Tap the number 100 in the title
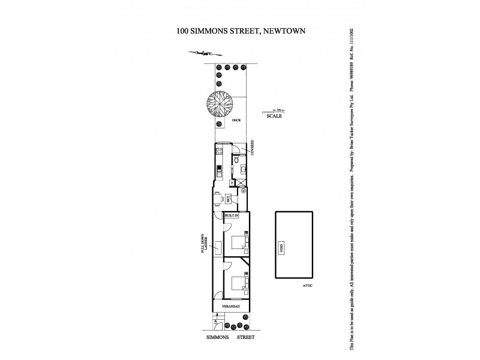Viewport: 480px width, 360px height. click(x=184, y=31)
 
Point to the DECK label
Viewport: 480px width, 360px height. click(x=236, y=121)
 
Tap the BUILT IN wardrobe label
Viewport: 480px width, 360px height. click(x=232, y=215)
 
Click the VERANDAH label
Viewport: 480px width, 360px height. click(x=232, y=307)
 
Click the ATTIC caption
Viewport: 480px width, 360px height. click(x=308, y=286)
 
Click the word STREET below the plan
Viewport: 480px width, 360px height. click(x=245, y=337)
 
